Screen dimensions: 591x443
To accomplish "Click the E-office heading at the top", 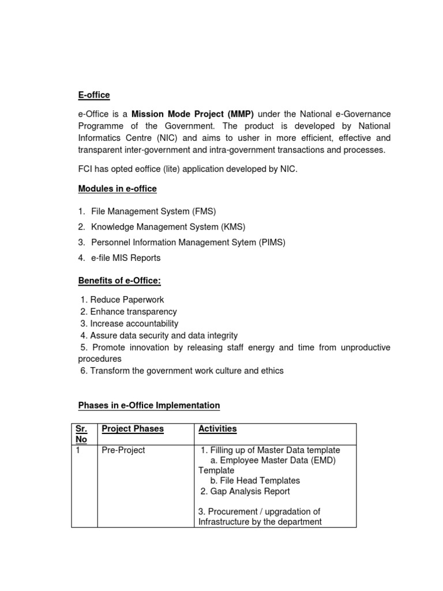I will pos(94,95).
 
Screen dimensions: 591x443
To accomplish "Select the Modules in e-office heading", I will pos(117,189).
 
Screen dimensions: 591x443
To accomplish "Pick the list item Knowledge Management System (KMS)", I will pos(164,227).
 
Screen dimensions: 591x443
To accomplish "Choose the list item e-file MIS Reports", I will pos(125,258).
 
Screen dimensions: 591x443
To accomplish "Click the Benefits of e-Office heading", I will pos(119,281).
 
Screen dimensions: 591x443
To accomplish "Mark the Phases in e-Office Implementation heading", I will pos(149,406).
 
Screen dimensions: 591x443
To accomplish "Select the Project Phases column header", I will pos(133,429).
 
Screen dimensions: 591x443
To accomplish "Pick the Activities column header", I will pos(217,429).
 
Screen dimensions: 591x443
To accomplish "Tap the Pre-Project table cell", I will pos(123,450).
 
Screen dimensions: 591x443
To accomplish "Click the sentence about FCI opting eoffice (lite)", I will pos(187,169).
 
